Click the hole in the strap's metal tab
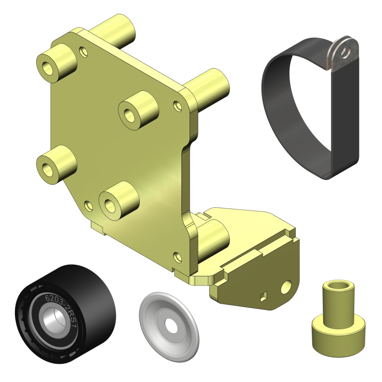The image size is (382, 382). click(x=345, y=52)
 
